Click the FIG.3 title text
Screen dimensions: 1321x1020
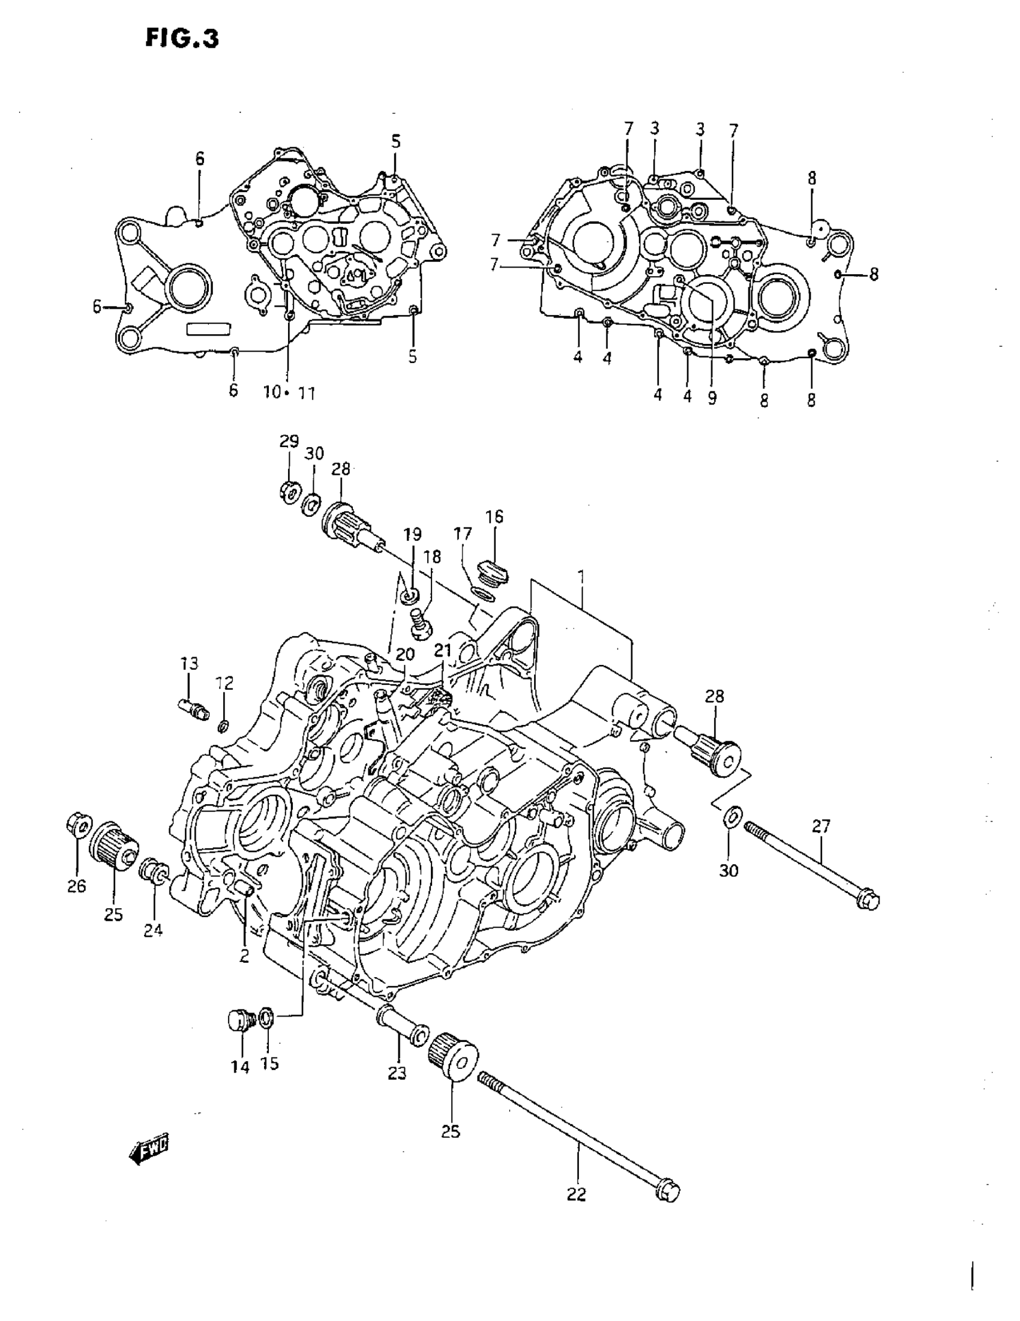coord(182,38)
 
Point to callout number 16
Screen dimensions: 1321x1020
coord(494,517)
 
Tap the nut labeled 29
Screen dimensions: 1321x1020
coord(289,489)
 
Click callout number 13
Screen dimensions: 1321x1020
coord(188,664)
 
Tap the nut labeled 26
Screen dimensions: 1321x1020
coord(76,826)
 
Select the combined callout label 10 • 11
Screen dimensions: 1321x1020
coord(289,393)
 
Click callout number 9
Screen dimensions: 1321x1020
coord(712,399)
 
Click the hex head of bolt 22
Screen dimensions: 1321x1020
coord(669,1191)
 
